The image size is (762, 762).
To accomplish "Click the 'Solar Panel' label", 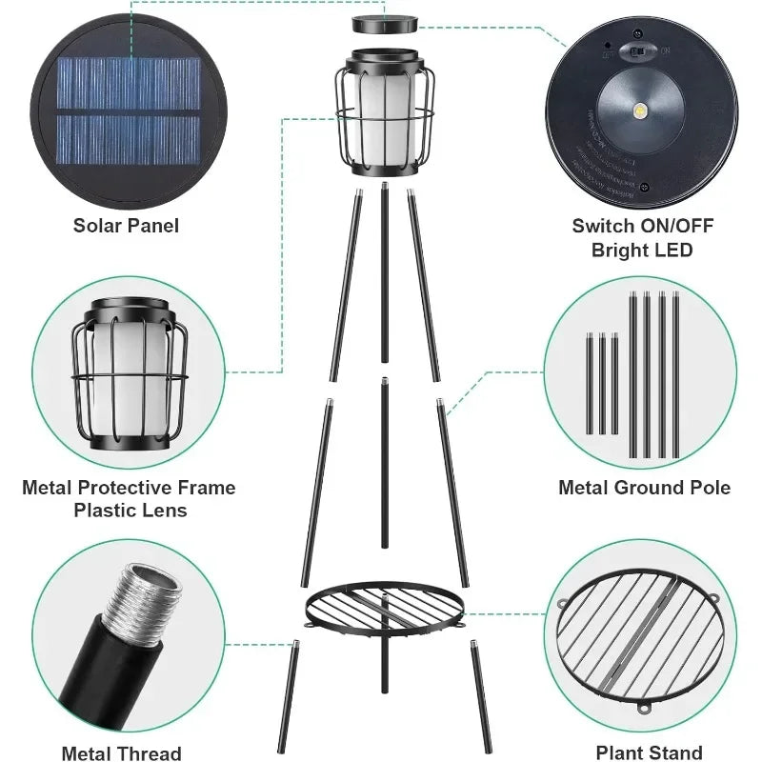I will pyautogui.click(x=126, y=226).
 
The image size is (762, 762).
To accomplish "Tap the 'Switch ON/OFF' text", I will pyautogui.click(x=642, y=226).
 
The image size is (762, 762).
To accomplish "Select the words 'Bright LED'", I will pyautogui.click(x=642, y=250).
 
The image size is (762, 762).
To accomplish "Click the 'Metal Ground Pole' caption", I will pyautogui.click(x=644, y=488).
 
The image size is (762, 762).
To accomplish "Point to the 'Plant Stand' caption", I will pyautogui.click(x=649, y=752).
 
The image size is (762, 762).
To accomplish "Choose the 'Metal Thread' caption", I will pyautogui.click(x=121, y=753).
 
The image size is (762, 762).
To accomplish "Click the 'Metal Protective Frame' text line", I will pyautogui.click(x=129, y=488).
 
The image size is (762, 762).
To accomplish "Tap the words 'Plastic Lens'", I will pyautogui.click(x=130, y=511).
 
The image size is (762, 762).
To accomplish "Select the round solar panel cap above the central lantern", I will pyautogui.click(x=386, y=23).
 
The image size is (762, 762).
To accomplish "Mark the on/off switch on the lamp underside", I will pyautogui.click(x=634, y=50).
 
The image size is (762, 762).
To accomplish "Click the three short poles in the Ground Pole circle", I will pyautogui.click(x=602, y=381).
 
